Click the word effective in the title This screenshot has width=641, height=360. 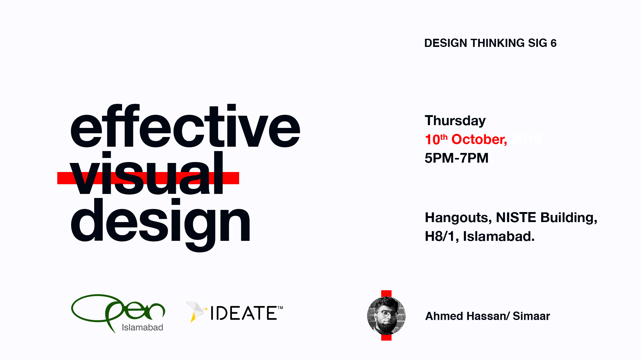coord(185,127)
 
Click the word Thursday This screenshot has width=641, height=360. coord(455,121)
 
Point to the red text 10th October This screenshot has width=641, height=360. coord(466,139)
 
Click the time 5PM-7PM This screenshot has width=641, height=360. coord(456,158)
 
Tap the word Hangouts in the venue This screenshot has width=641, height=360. coord(458,218)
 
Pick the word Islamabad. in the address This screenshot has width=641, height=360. coord(499,236)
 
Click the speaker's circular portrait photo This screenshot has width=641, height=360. coord(386,316)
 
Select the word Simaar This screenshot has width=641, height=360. coord(531,316)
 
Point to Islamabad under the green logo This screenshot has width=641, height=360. coord(142,327)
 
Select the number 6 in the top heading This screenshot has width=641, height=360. coord(553,43)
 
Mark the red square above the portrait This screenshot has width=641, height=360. coord(386,293)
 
